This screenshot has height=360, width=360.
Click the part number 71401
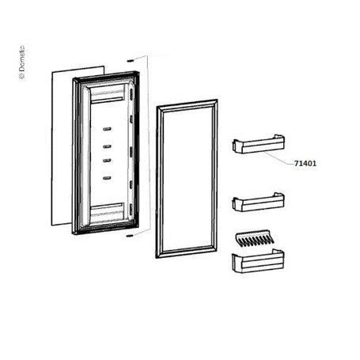click(x=305, y=164)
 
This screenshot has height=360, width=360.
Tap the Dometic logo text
click(x=22, y=63)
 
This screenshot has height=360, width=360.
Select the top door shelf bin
click(x=258, y=144)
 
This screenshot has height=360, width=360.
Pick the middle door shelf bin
click(x=258, y=202)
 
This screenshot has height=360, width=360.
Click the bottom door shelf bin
click(x=258, y=261)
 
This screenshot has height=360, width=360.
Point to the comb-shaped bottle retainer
click(x=255, y=238)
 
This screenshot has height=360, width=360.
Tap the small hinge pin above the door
click(x=130, y=61)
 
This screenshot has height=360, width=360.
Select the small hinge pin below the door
click(x=129, y=236)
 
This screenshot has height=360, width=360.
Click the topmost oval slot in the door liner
click(x=107, y=129)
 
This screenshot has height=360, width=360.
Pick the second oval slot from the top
click(x=107, y=146)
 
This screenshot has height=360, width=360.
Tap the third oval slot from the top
click(x=107, y=161)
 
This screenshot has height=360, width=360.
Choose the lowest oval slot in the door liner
click(x=107, y=178)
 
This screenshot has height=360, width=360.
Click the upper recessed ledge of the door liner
click(x=108, y=95)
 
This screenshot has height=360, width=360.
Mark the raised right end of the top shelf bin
click(x=279, y=139)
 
